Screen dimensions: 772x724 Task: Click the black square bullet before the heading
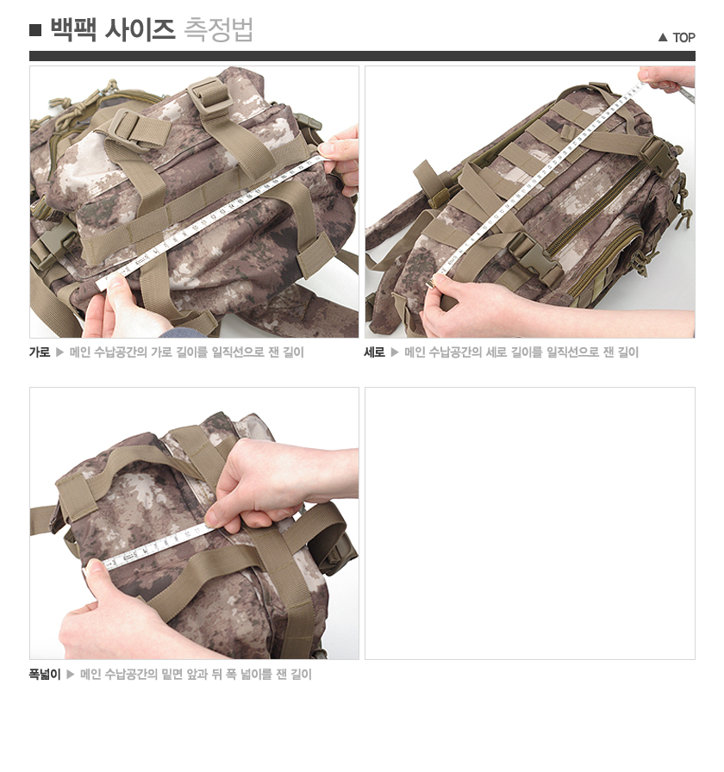point(35,31)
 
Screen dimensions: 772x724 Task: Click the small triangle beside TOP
point(663,37)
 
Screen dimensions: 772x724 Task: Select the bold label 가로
point(40,352)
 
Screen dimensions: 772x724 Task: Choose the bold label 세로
point(375,352)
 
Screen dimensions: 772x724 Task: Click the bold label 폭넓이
point(45,675)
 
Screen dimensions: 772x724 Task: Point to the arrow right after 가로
point(60,352)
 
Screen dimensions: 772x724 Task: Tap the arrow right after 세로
point(396,352)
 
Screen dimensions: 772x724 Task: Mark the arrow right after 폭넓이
point(71,675)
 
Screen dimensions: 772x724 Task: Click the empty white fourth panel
point(529,523)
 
